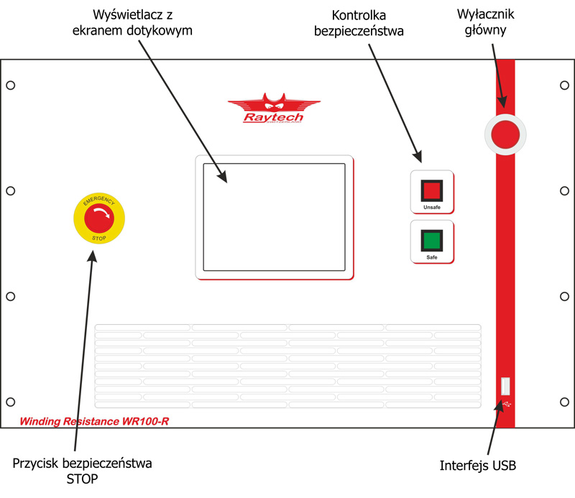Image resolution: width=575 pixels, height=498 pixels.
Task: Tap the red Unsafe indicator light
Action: [x=431, y=190]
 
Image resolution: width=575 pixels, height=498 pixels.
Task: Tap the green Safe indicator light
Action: [x=431, y=239]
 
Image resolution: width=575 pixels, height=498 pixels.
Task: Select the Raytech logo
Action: [x=265, y=110]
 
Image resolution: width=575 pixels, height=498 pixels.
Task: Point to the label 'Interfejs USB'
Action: [x=478, y=466]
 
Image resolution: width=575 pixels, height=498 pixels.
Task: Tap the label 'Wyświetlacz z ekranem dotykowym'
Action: [x=144, y=23]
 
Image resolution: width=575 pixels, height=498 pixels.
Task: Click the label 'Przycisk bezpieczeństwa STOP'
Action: [x=83, y=470]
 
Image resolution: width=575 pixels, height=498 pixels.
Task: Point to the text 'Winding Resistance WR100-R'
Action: [x=94, y=420]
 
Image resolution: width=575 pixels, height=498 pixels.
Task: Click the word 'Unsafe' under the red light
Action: [x=431, y=207]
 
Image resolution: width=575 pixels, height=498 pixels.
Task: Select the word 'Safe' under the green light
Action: [x=431, y=257]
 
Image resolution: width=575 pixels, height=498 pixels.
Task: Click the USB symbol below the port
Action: [x=508, y=405]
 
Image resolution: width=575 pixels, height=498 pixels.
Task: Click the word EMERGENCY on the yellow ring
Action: [x=99, y=198]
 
